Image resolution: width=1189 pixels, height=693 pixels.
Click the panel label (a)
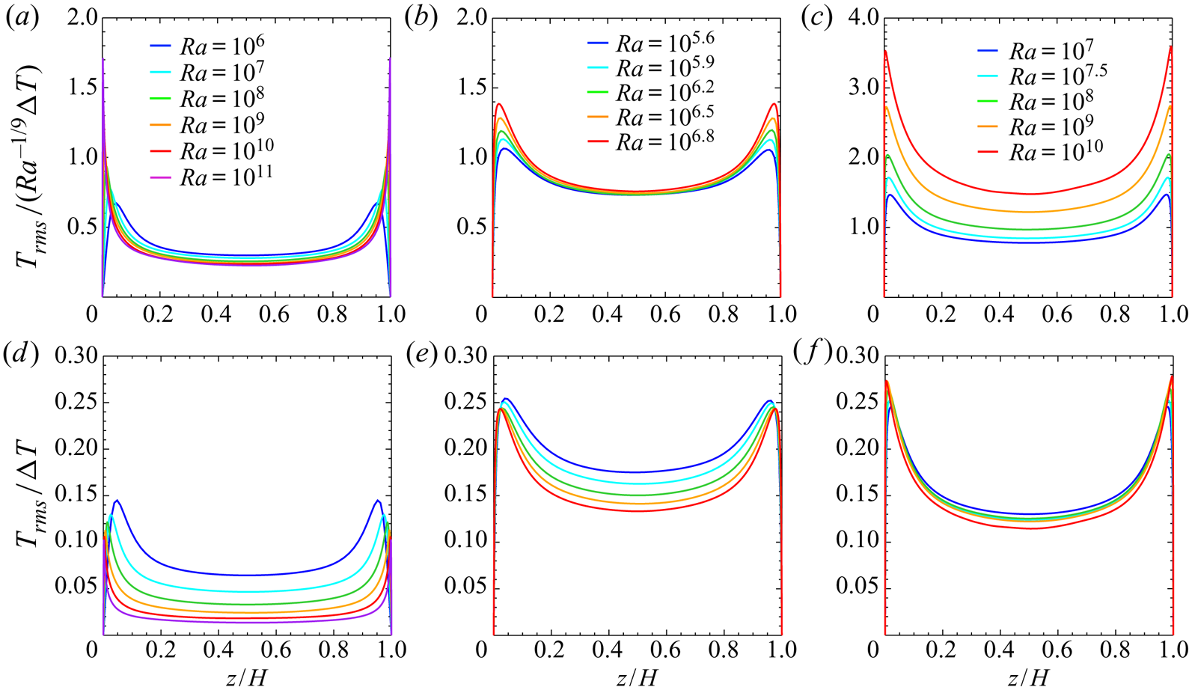tap(22, 17)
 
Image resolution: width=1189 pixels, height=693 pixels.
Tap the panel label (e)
tap(420, 355)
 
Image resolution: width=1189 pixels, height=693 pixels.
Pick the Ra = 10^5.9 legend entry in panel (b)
tap(650, 68)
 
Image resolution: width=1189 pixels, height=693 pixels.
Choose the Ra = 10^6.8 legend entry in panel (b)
tap(650, 141)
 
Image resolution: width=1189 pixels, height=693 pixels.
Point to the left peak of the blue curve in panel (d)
tap(117, 501)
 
